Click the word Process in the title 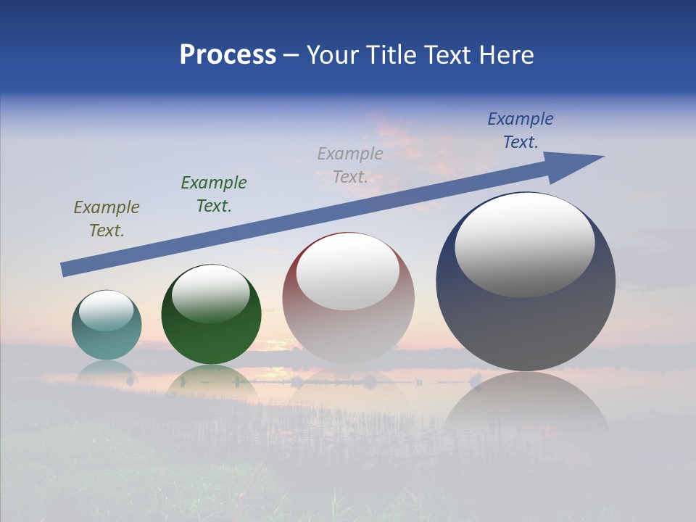[228, 55]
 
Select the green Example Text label [214, 194]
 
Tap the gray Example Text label [350, 165]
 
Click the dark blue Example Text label [521, 130]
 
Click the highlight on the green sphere [210, 293]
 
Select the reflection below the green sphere [210, 381]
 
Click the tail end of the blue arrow [67, 270]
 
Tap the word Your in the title [333, 55]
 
